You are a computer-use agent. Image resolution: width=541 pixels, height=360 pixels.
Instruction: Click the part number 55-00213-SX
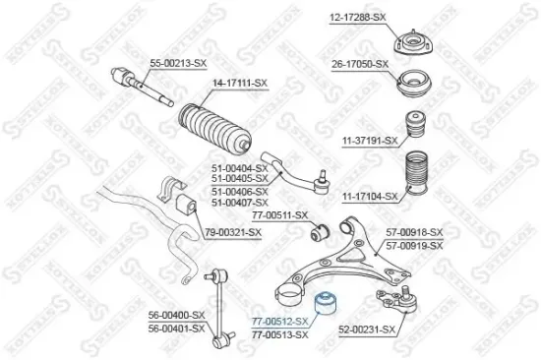pos(178,64)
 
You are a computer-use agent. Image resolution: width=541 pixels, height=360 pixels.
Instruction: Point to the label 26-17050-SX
pos(361,64)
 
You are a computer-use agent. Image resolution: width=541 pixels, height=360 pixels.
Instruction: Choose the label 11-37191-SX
pos(371,142)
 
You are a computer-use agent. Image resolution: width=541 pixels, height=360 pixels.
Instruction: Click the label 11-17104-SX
pos(371,197)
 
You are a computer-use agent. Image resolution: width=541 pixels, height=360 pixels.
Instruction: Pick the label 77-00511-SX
pos(280,214)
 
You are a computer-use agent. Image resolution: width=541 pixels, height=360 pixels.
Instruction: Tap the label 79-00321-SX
pos(233,232)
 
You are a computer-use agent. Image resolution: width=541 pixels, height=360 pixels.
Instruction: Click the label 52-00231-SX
pos(367,330)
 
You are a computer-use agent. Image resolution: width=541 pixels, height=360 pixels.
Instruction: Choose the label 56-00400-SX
pos(177,315)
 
